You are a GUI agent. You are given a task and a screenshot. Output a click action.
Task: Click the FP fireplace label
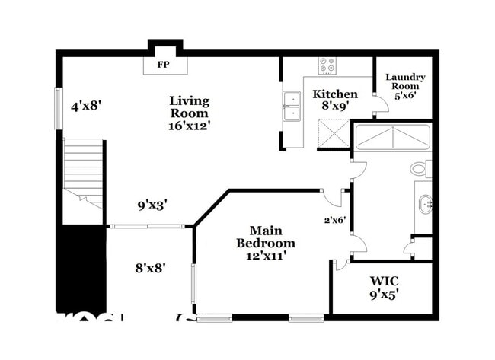tap(162, 65)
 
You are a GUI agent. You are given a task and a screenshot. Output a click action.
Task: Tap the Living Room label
tap(190, 107)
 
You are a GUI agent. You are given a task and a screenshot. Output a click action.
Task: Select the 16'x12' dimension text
tap(190, 126)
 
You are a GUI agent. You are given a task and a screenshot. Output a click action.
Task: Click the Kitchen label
tap(335, 94)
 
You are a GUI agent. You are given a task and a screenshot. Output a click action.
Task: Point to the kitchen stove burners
tap(327, 66)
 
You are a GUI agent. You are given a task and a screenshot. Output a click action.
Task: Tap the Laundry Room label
tap(405, 81)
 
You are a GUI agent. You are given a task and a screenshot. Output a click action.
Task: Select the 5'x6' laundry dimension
tap(405, 96)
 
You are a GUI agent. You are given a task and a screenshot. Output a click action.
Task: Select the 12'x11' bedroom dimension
tap(265, 256)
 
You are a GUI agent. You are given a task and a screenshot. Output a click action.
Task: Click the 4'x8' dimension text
tap(87, 106)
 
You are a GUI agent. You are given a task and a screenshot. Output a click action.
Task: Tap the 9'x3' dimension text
tap(152, 204)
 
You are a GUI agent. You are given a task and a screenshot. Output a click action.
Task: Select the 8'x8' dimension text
tap(151, 267)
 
